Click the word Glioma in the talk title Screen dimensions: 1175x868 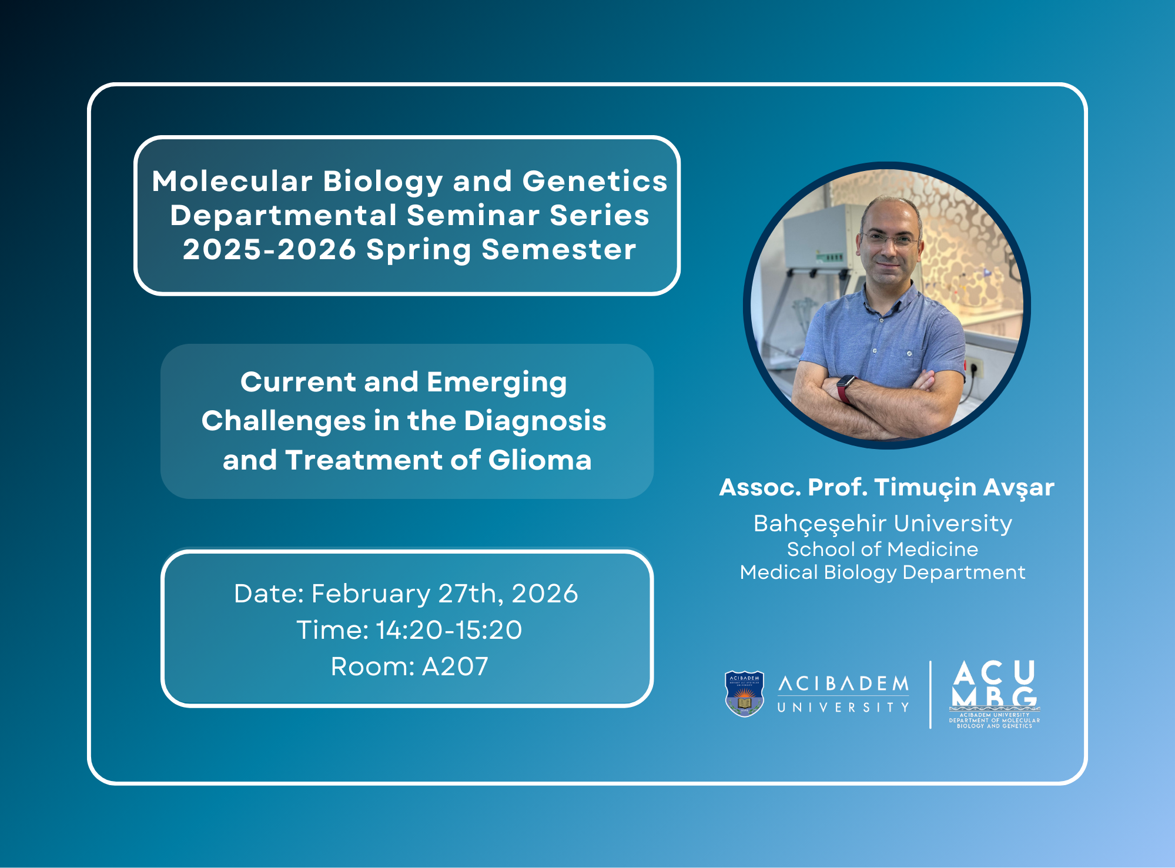pos(540,460)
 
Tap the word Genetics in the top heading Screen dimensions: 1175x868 pos(595,181)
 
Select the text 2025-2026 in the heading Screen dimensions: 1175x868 pos(269,249)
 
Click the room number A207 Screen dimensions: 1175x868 pos(455,666)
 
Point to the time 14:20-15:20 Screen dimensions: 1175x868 pos(448,630)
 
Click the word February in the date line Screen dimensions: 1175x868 pos(370,594)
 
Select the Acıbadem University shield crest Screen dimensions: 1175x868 pos(744,693)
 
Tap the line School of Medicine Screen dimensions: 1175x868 pos(882,549)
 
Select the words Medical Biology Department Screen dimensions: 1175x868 pos(882,572)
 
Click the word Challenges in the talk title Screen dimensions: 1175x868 pos(284,421)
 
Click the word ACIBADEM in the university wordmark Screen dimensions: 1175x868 pos(844,683)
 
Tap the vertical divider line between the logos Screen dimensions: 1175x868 pos(930,695)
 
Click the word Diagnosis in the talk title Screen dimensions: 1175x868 pos(535,421)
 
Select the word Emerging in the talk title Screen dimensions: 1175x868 pos(497,383)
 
